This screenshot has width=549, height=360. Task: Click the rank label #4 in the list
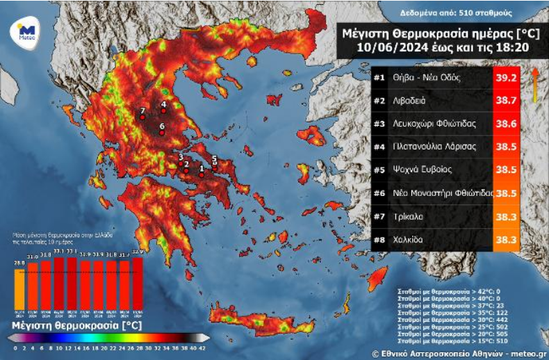click(379, 147)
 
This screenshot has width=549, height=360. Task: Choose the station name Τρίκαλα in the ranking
click(407, 216)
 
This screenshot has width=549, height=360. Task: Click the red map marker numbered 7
click(142, 117)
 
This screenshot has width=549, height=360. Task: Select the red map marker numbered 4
click(163, 111)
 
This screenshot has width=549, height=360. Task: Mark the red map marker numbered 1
click(202, 174)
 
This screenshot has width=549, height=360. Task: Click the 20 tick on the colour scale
click(106, 347)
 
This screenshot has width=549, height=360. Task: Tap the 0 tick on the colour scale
click(15, 347)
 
